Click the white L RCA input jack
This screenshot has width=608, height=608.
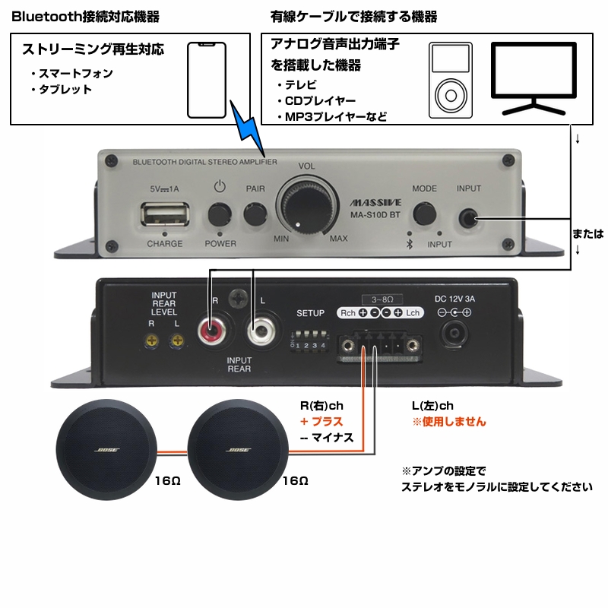[261, 331]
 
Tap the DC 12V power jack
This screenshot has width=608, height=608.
[458, 334]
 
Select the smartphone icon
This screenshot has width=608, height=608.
[207, 80]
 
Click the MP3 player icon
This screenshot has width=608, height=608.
[450, 80]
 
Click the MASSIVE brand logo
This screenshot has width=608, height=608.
[371, 204]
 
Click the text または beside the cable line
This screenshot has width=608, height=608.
[588, 234]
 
